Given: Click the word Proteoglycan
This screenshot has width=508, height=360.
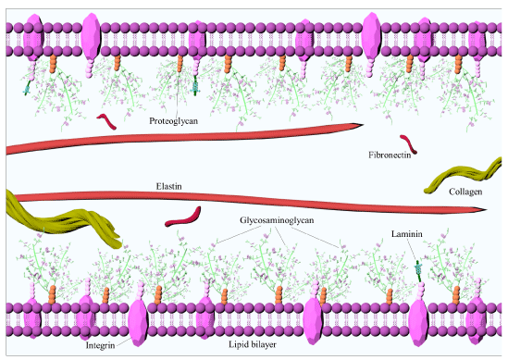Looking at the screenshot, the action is (x=173, y=121).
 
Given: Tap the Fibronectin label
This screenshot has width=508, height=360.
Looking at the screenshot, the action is (x=390, y=155).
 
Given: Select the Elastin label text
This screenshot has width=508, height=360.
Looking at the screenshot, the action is (x=168, y=186).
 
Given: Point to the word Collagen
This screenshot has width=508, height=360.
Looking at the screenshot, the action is (x=465, y=192).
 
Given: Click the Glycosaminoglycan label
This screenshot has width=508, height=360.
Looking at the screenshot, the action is (x=277, y=220).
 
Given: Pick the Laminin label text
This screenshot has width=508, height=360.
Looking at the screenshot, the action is (x=406, y=234).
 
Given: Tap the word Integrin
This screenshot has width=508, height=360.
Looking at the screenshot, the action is (x=100, y=346).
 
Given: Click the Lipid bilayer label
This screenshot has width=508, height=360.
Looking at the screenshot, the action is (x=253, y=344).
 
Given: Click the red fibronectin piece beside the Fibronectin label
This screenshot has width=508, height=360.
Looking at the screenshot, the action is (x=409, y=143).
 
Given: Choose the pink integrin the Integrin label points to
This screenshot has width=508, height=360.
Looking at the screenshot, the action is (x=138, y=322).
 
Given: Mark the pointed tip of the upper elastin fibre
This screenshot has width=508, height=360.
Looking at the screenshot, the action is (x=363, y=125).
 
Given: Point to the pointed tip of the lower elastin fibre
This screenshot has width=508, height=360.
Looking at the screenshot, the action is (x=486, y=210).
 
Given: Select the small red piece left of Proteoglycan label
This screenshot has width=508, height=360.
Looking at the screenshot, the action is (x=106, y=121).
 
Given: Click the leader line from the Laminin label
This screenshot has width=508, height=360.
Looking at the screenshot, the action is (x=412, y=250).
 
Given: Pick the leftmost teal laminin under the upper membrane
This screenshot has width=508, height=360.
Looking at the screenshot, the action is (x=27, y=88).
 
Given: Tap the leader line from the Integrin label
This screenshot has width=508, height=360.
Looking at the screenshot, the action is (x=123, y=341).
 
